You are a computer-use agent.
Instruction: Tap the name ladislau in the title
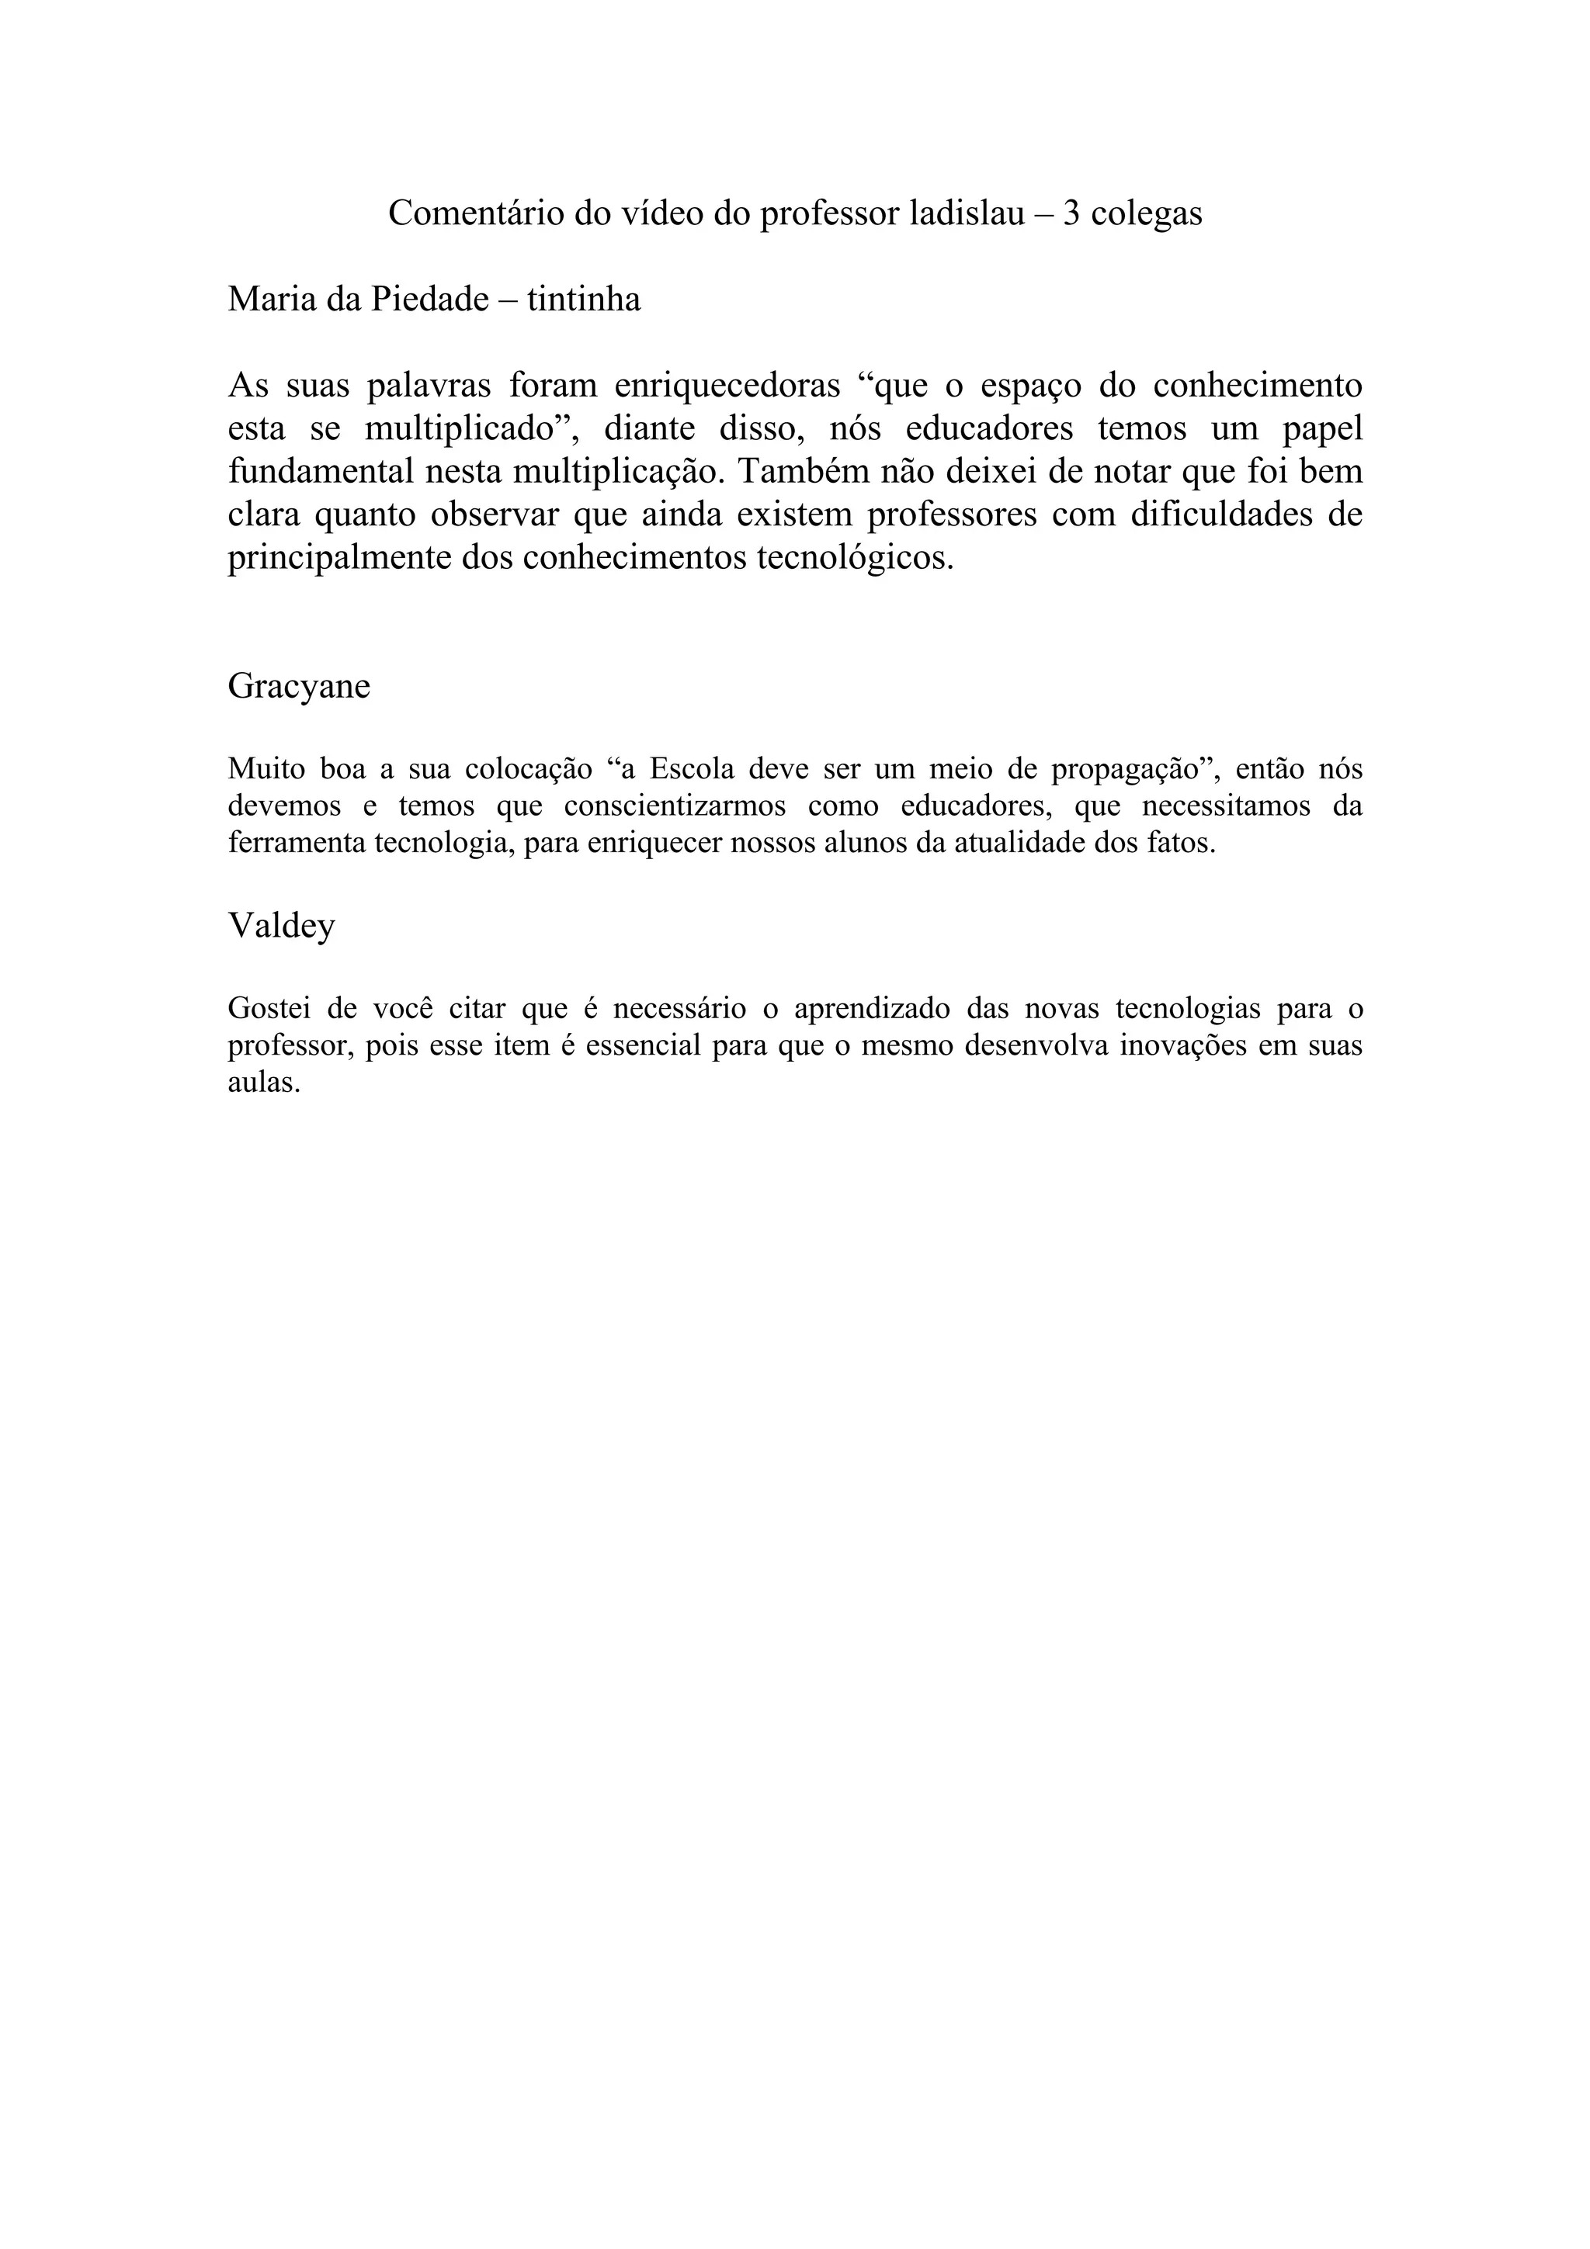coord(966,213)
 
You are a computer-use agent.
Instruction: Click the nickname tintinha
coord(584,299)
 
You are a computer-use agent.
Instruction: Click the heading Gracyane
coord(299,686)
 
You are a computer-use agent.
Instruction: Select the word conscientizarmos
coord(675,806)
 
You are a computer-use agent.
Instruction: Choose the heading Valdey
coord(281,925)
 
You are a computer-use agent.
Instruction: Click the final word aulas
coord(262,1083)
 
